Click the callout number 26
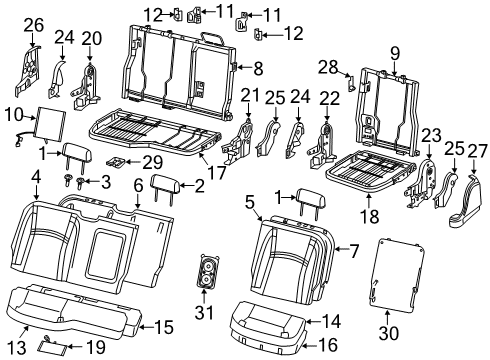(x=34, y=23)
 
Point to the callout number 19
(x=95, y=346)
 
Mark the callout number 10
(x=16, y=116)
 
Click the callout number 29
(x=150, y=162)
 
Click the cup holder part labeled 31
(x=207, y=273)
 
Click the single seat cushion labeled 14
(x=268, y=321)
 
